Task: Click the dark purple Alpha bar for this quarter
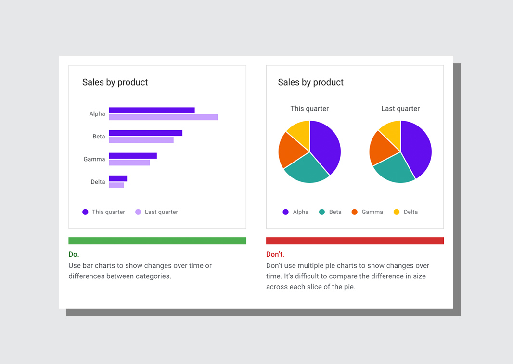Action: [x=152, y=110]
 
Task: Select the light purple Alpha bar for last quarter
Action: [x=163, y=117]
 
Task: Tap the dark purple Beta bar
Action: [x=145, y=133]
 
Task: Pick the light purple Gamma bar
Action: [x=129, y=163]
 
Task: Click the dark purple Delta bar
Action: [x=118, y=178]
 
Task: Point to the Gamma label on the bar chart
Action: [x=94, y=159]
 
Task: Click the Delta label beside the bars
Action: [x=98, y=182]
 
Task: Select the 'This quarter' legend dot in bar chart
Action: [x=85, y=212]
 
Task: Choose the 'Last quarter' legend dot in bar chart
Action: [x=138, y=212]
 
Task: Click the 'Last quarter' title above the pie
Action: [x=400, y=109]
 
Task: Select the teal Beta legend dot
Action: [x=322, y=212]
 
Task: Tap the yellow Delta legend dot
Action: [x=397, y=212]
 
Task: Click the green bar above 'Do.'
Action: [x=157, y=240]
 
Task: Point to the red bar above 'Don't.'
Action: [x=355, y=240]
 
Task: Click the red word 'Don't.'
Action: [x=275, y=254]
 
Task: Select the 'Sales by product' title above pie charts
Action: [x=310, y=82]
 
